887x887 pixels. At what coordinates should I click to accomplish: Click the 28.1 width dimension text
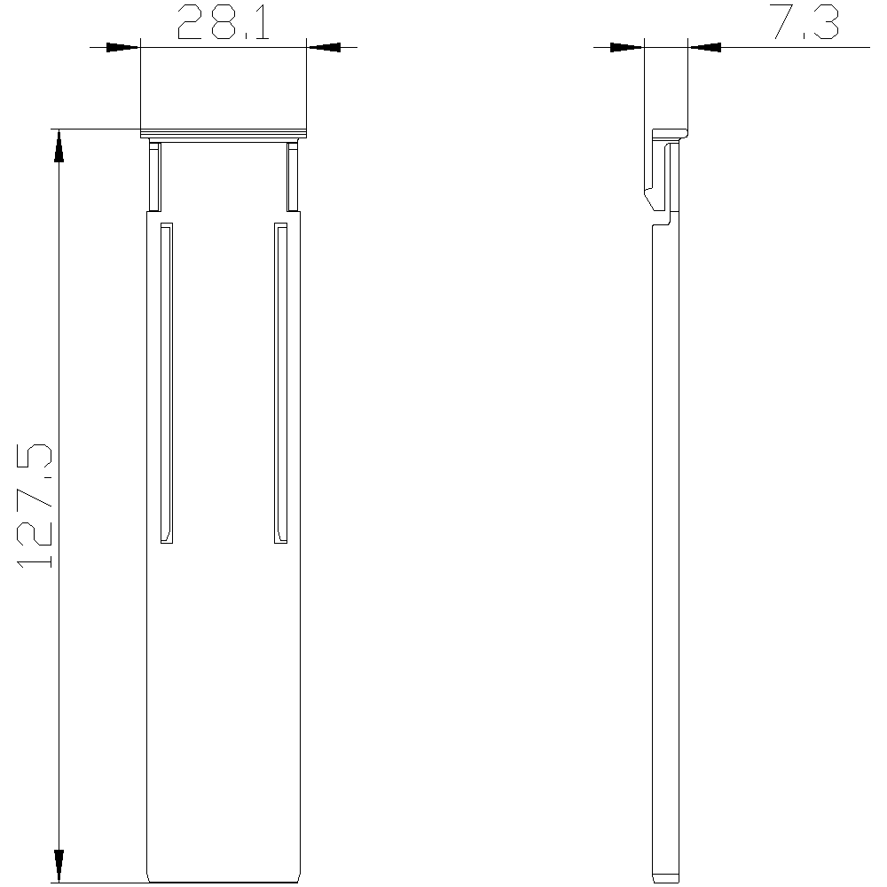(x=224, y=23)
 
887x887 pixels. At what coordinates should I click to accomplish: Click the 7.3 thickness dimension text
(x=805, y=23)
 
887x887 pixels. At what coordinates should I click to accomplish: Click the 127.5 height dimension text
(x=35, y=506)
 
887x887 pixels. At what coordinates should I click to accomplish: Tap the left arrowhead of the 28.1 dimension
(x=122, y=47)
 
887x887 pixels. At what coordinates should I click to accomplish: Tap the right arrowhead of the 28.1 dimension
(x=324, y=47)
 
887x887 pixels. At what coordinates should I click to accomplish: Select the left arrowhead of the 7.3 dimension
(x=627, y=47)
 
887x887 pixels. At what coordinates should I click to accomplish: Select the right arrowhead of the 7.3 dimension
(x=705, y=47)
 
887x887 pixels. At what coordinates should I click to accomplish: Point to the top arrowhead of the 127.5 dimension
(x=59, y=146)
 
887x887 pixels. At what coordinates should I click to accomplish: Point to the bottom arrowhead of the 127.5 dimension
(x=59, y=865)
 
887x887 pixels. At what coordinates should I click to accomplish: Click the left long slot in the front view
(x=167, y=383)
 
